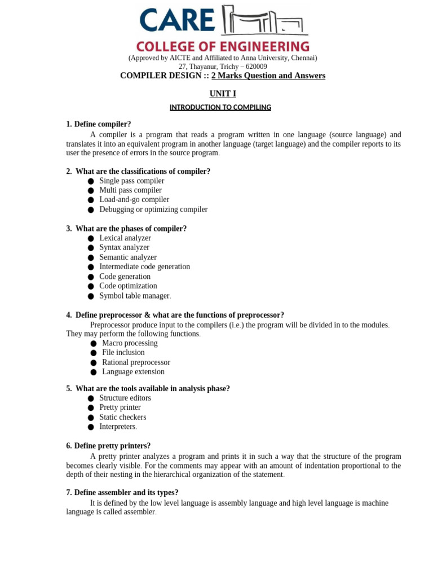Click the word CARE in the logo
(177, 20)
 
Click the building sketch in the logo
(264, 21)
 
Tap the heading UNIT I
(223, 94)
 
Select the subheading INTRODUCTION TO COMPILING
(220, 107)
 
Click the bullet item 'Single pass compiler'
(132, 181)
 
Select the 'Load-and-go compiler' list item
(134, 200)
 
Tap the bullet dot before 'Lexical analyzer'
(91, 239)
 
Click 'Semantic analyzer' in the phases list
(128, 257)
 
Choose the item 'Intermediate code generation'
(145, 267)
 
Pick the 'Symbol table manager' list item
(134, 296)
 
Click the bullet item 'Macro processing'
(130, 343)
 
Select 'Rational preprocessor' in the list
(136, 362)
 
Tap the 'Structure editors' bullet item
(125, 398)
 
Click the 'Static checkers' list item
(123, 417)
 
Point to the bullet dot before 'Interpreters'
(91, 427)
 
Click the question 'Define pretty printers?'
(112, 446)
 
